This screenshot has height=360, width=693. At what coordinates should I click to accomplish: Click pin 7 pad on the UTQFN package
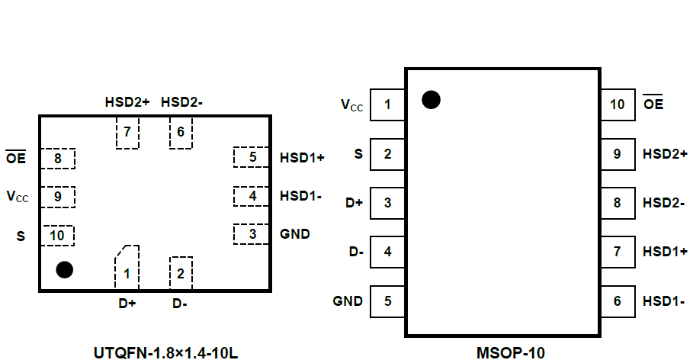click(x=127, y=132)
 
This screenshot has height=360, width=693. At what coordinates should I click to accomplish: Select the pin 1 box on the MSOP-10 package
click(x=387, y=105)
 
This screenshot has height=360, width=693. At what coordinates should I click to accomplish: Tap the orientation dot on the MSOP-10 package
click(x=431, y=99)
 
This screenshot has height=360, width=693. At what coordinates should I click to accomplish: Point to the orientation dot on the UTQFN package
click(x=65, y=269)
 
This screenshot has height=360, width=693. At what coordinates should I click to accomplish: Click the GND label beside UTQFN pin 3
click(x=295, y=234)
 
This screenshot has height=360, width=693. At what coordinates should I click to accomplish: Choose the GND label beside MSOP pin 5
click(x=348, y=301)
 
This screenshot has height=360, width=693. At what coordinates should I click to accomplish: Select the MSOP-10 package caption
click(x=511, y=352)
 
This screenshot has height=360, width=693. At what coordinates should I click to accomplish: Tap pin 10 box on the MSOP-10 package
click(x=618, y=105)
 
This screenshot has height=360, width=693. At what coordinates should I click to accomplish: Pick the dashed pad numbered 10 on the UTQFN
click(x=57, y=236)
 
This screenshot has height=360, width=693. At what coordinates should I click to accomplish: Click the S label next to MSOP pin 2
click(x=358, y=154)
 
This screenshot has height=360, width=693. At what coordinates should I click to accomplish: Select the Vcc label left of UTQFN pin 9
click(x=18, y=197)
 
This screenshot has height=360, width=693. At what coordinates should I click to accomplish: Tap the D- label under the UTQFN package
click(x=180, y=304)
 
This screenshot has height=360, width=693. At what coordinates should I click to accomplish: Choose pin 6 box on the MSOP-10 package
click(x=618, y=301)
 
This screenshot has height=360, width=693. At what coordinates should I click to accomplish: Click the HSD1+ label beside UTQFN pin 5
click(x=302, y=159)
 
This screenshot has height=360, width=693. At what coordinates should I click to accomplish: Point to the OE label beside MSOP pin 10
click(x=653, y=104)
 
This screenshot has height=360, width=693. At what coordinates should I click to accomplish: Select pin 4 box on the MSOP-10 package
click(x=387, y=252)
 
